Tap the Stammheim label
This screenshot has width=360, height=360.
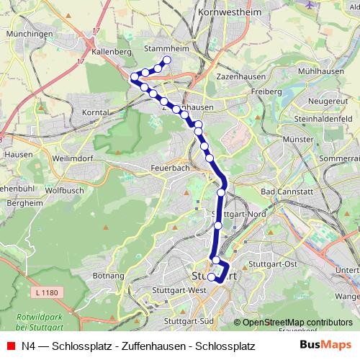[166, 50]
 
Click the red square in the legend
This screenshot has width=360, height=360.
[10, 346]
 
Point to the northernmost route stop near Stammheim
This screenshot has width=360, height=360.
[167, 60]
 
